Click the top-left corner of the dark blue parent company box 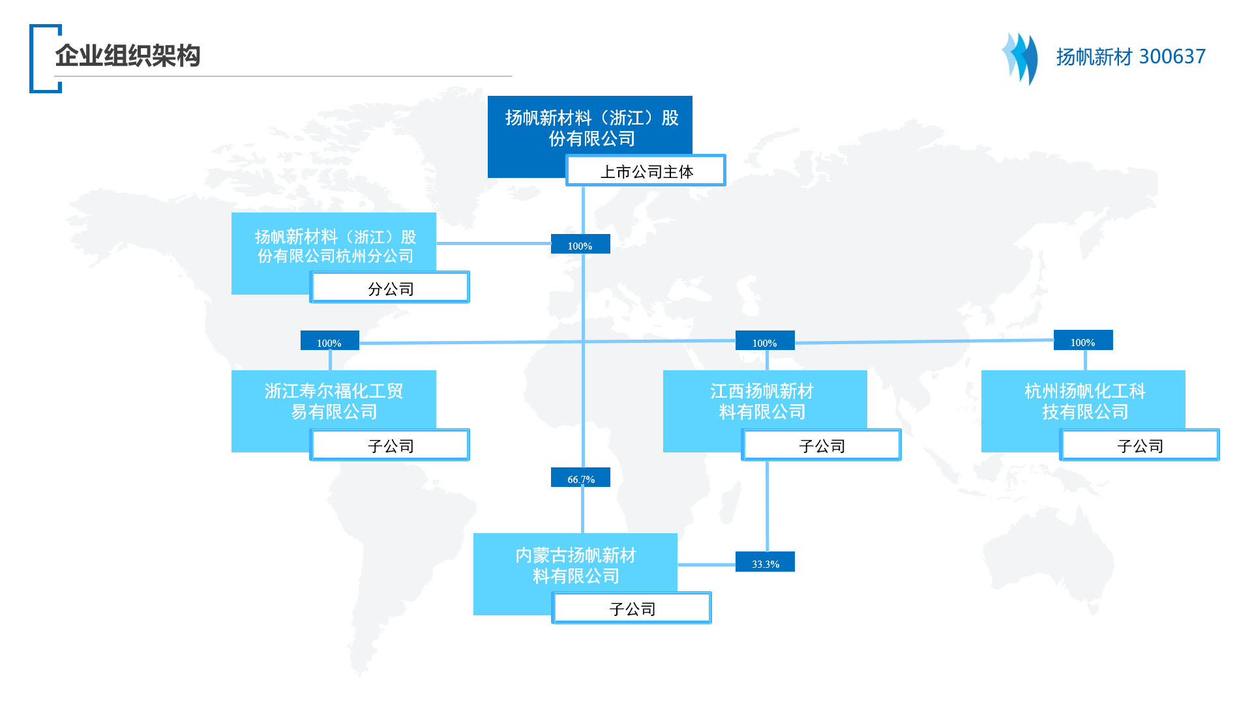pyautogui.click(x=488, y=96)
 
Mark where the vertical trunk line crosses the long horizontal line pyautogui.click(x=583, y=341)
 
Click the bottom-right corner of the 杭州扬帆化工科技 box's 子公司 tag pyautogui.click(x=1219, y=461)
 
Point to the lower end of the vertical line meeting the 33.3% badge pyautogui.click(x=767, y=551)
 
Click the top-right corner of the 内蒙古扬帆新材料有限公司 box pyautogui.click(x=678, y=534)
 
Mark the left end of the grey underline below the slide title pyautogui.click(x=55, y=76)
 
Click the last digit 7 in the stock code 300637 pyautogui.click(x=1200, y=57)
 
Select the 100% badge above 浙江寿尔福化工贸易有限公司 pyautogui.click(x=330, y=340)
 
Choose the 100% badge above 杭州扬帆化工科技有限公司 pyautogui.click(x=1083, y=340)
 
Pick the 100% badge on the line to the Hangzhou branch pyautogui.click(x=580, y=244)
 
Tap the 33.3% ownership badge pyautogui.click(x=765, y=562)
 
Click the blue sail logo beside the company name pyautogui.click(x=1020, y=59)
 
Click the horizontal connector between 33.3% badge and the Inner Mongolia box pyautogui.click(x=707, y=565)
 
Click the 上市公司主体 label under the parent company pyautogui.click(x=646, y=171)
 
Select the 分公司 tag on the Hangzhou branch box pyautogui.click(x=390, y=287)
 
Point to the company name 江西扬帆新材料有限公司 pyautogui.click(x=762, y=402)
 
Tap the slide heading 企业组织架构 pyautogui.click(x=128, y=56)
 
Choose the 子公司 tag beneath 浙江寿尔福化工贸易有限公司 pyautogui.click(x=390, y=445)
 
